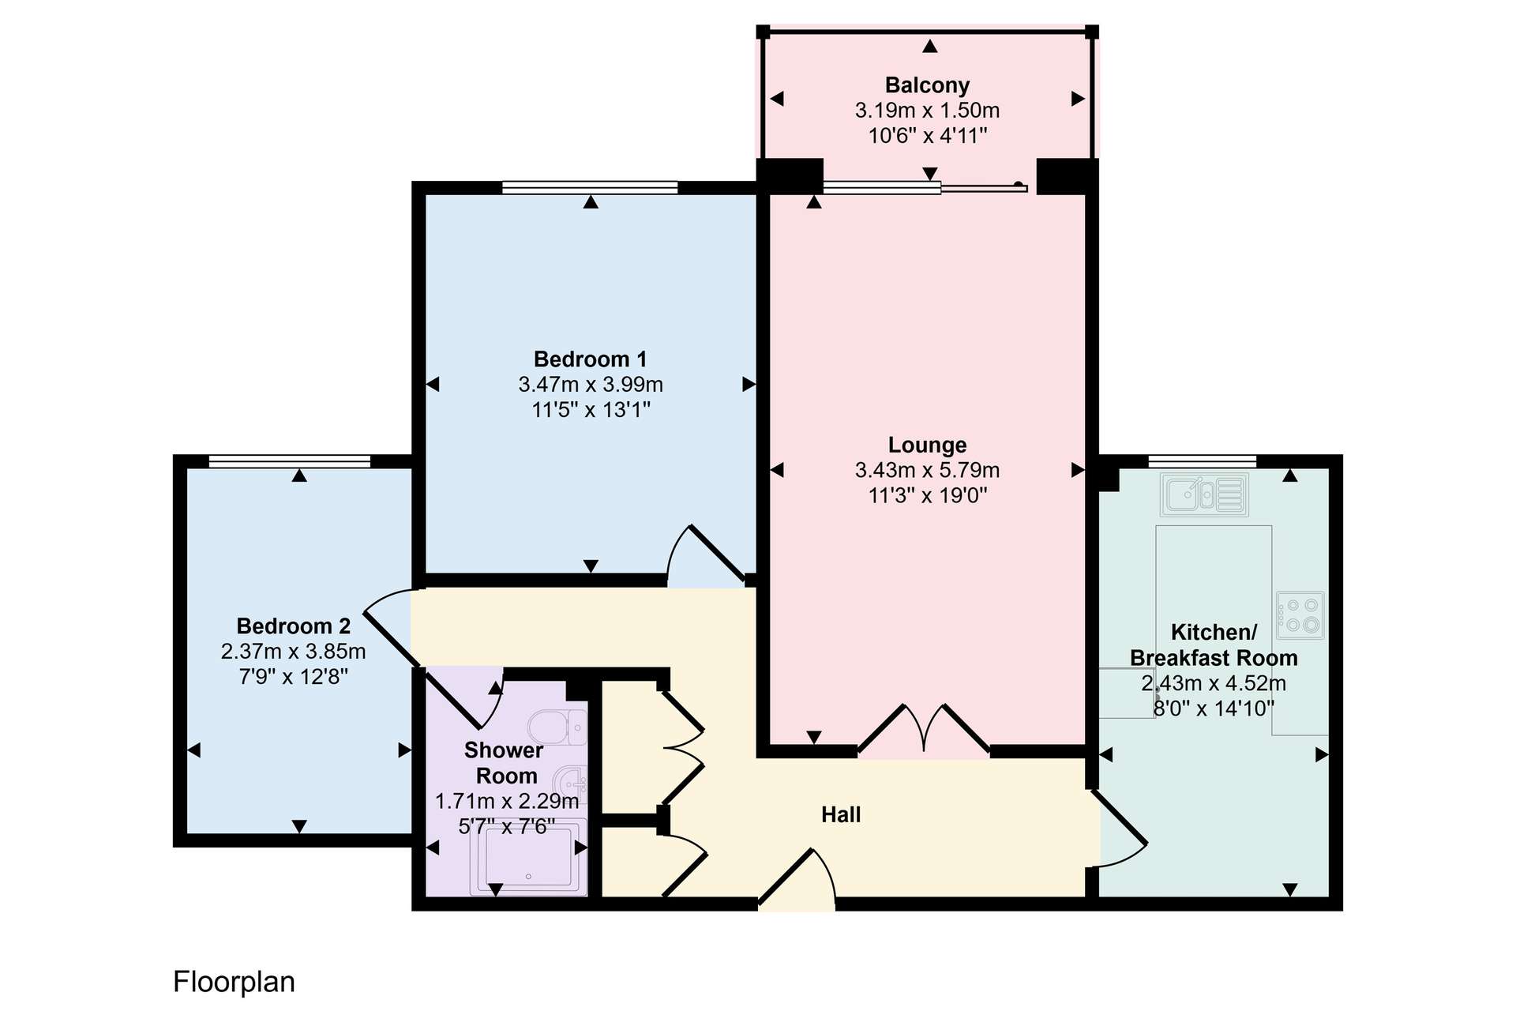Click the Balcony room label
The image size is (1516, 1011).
[927, 85]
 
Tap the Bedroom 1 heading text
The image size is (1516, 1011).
[591, 359]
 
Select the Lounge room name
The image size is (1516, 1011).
[927, 445]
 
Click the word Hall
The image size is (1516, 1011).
[841, 814]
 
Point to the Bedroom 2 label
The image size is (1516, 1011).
[294, 626]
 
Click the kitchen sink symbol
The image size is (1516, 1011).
[1205, 494]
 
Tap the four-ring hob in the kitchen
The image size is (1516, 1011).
[1300, 615]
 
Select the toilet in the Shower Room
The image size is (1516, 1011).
[557, 727]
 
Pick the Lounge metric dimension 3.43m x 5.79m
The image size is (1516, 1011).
[927, 470]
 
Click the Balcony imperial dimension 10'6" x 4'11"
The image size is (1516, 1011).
[928, 136]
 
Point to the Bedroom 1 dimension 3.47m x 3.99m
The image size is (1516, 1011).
[591, 385]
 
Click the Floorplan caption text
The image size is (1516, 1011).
[234, 982]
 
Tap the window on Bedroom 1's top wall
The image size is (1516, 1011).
[590, 187]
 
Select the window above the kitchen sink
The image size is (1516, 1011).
[1202, 461]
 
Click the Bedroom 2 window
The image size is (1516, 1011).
[290, 461]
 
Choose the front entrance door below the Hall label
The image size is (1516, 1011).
[797, 878]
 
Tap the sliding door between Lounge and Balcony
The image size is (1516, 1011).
[925, 188]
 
